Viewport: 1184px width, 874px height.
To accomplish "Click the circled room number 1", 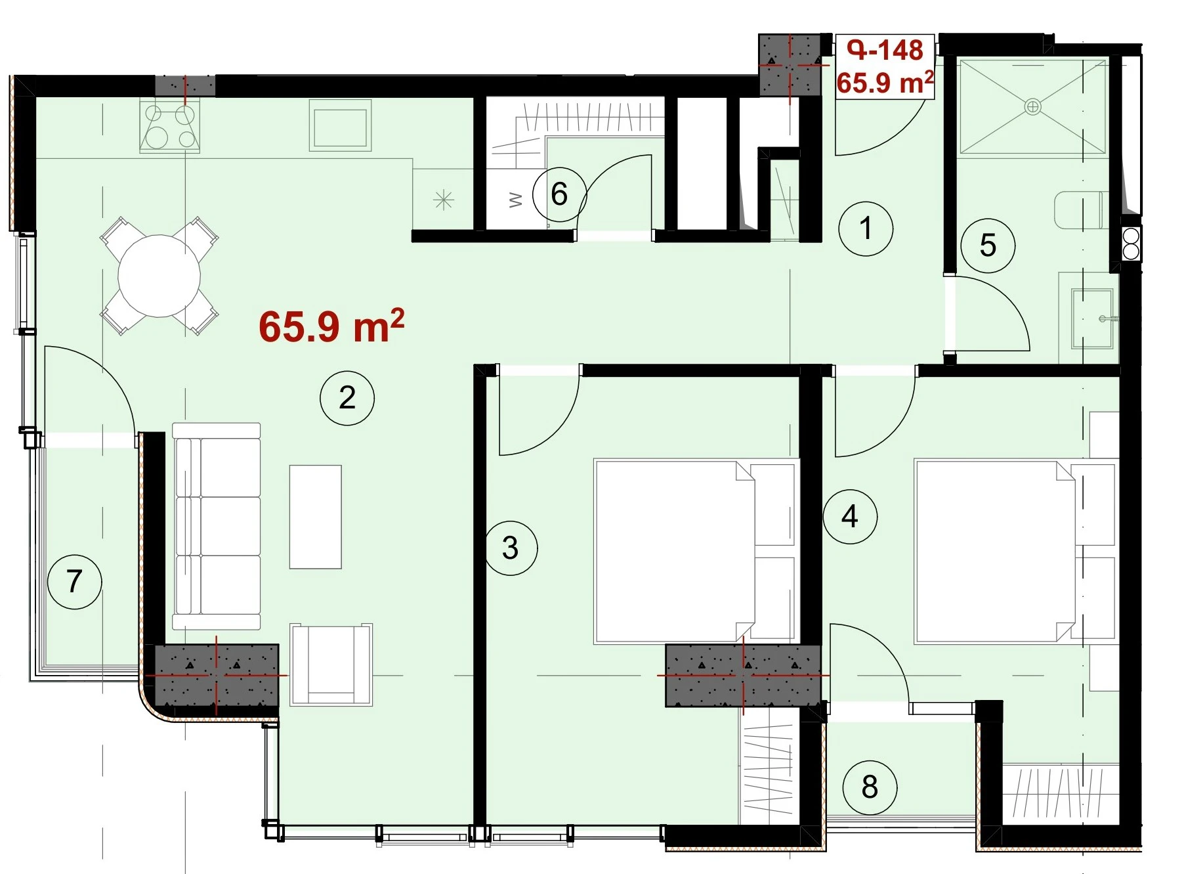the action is pyautogui.click(x=866, y=229).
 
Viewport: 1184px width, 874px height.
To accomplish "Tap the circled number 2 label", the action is pyautogui.click(x=347, y=398).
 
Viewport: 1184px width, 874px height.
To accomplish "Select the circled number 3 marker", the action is pyautogui.click(x=511, y=548).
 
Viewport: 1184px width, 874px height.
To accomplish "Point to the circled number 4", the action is pyautogui.click(x=850, y=517).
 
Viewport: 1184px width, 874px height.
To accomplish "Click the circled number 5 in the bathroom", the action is pyautogui.click(x=988, y=246).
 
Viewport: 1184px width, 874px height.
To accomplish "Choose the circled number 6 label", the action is pyautogui.click(x=559, y=194).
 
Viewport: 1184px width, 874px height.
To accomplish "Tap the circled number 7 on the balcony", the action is pyautogui.click(x=75, y=581).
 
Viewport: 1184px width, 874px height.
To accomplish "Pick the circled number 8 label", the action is pyautogui.click(x=870, y=787).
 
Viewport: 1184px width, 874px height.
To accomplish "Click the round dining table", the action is pyautogui.click(x=159, y=276).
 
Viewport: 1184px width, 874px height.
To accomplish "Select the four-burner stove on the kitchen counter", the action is pyautogui.click(x=169, y=127).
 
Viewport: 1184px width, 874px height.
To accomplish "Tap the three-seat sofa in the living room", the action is pyautogui.click(x=217, y=527).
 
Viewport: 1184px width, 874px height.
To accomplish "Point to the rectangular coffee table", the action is pyautogui.click(x=316, y=517).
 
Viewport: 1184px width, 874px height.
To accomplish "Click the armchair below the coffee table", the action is pyautogui.click(x=331, y=664).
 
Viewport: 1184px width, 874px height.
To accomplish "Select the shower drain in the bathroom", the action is pyautogui.click(x=1032, y=106).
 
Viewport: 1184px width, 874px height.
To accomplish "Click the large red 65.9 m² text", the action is pyautogui.click(x=331, y=326).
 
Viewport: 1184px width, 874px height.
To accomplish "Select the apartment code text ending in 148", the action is pyautogui.click(x=885, y=50).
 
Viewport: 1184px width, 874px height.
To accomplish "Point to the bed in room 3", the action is pyautogui.click(x=696, y=551).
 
